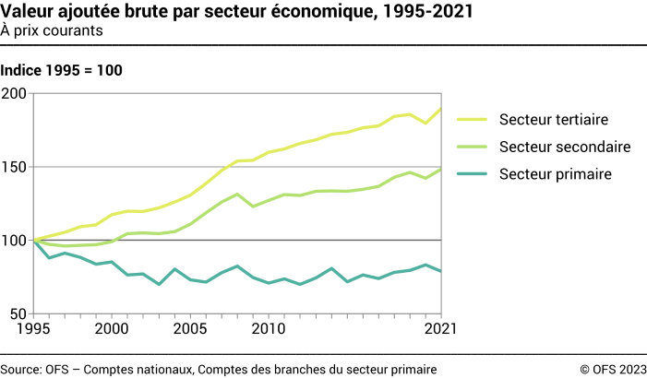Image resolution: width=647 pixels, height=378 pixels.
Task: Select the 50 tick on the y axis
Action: click(x=18, y=314)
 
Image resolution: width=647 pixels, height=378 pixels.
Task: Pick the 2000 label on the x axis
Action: click(x=112, y=329)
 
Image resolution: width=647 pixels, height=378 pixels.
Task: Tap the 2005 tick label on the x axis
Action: click(x=190, y=329)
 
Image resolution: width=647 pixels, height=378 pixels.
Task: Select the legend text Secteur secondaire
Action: click(x=565, y=147)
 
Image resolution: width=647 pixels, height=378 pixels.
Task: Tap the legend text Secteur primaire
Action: click(x=556, y=173)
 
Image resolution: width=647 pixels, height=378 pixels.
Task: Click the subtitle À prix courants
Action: click(x=52, y=30)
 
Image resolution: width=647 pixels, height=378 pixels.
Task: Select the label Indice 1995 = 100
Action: click(x=62, y=70)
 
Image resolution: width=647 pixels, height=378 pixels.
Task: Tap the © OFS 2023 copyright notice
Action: click(x=613, y=369)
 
